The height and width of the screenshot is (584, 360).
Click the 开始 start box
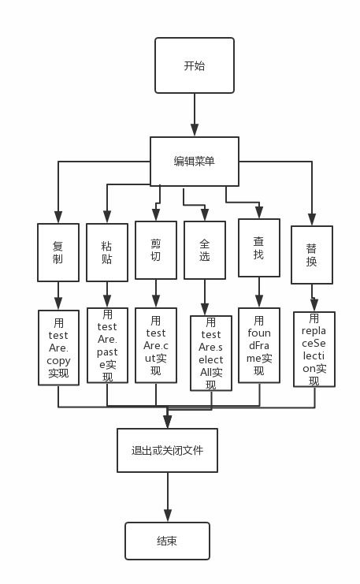tap(194, 66)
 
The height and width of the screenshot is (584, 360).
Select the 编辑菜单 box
tap(194, 161)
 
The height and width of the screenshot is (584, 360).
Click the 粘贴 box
tap(106, 251)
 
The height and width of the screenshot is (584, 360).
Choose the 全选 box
tap(205, 250)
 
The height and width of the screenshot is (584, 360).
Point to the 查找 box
tap(258, 247)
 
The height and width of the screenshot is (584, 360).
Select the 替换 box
tap(312, 255)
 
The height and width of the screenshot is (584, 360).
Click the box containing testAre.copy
tap(58, 347)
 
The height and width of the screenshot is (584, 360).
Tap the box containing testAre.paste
tap(107, 344)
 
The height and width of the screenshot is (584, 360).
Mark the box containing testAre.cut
tap(155, 345)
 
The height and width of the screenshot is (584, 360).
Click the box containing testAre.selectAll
tap(210, 353)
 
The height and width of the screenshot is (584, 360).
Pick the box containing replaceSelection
tap(314, 349)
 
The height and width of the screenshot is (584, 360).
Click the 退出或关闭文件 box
tap(167, 451)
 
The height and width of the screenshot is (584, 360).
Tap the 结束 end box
tap(167, 541)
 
